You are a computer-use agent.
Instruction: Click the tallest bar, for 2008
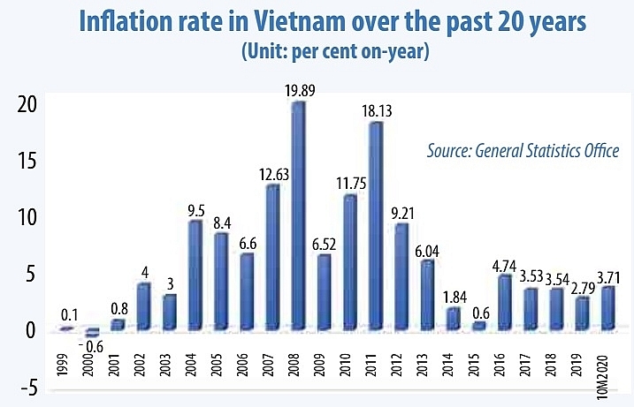pos(298,216)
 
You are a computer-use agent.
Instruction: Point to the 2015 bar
pos(477,326)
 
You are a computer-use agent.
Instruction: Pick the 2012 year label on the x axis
pos(400,365)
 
